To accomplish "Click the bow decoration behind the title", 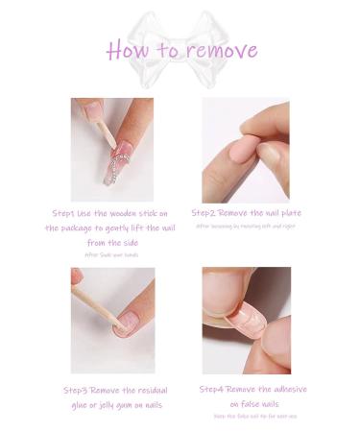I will point(180,29).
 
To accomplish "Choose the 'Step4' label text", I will point(215,389).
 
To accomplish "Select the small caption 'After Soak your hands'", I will point(111,255).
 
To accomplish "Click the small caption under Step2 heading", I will point(246,226).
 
